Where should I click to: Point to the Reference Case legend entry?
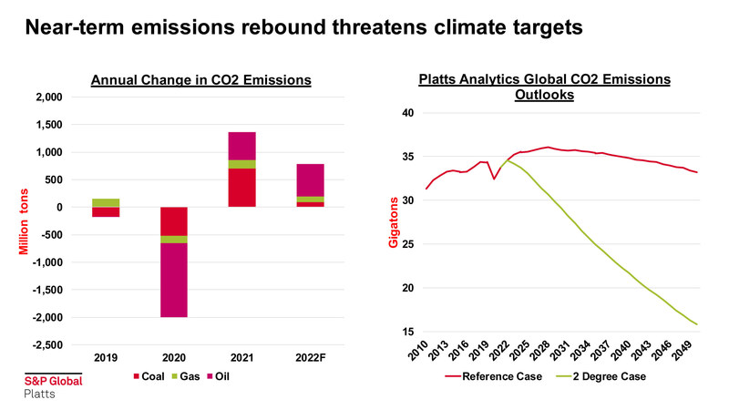496,375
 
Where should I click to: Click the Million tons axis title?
17,220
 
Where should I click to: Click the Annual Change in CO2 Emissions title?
201,81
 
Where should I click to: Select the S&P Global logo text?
52,381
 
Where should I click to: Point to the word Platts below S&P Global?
39,395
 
